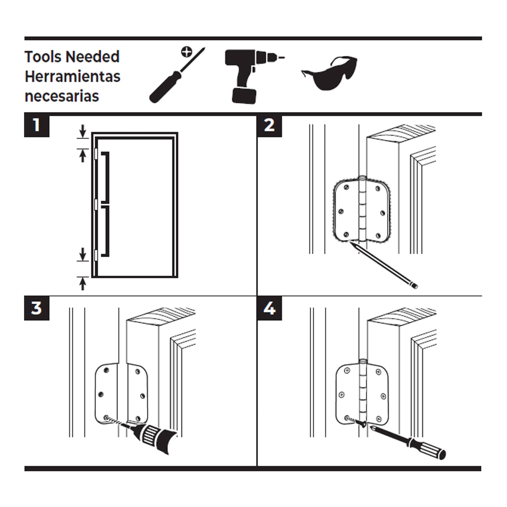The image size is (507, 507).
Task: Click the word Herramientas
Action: [x=73, y=77]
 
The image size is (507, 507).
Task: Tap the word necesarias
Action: [x=62, y=96]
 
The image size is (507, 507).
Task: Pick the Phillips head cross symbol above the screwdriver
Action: [x=187, y=52]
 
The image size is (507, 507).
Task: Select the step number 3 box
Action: [x=37, y=308]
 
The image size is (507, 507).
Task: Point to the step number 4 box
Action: [x=269, y=308]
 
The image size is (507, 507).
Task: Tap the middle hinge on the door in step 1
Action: [x=96, y=205]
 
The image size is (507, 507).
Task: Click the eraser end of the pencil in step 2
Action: [x=415, y=286]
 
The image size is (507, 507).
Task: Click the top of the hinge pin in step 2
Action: [x=362, y=177]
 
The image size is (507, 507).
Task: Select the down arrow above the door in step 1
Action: [x=83, y=130]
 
